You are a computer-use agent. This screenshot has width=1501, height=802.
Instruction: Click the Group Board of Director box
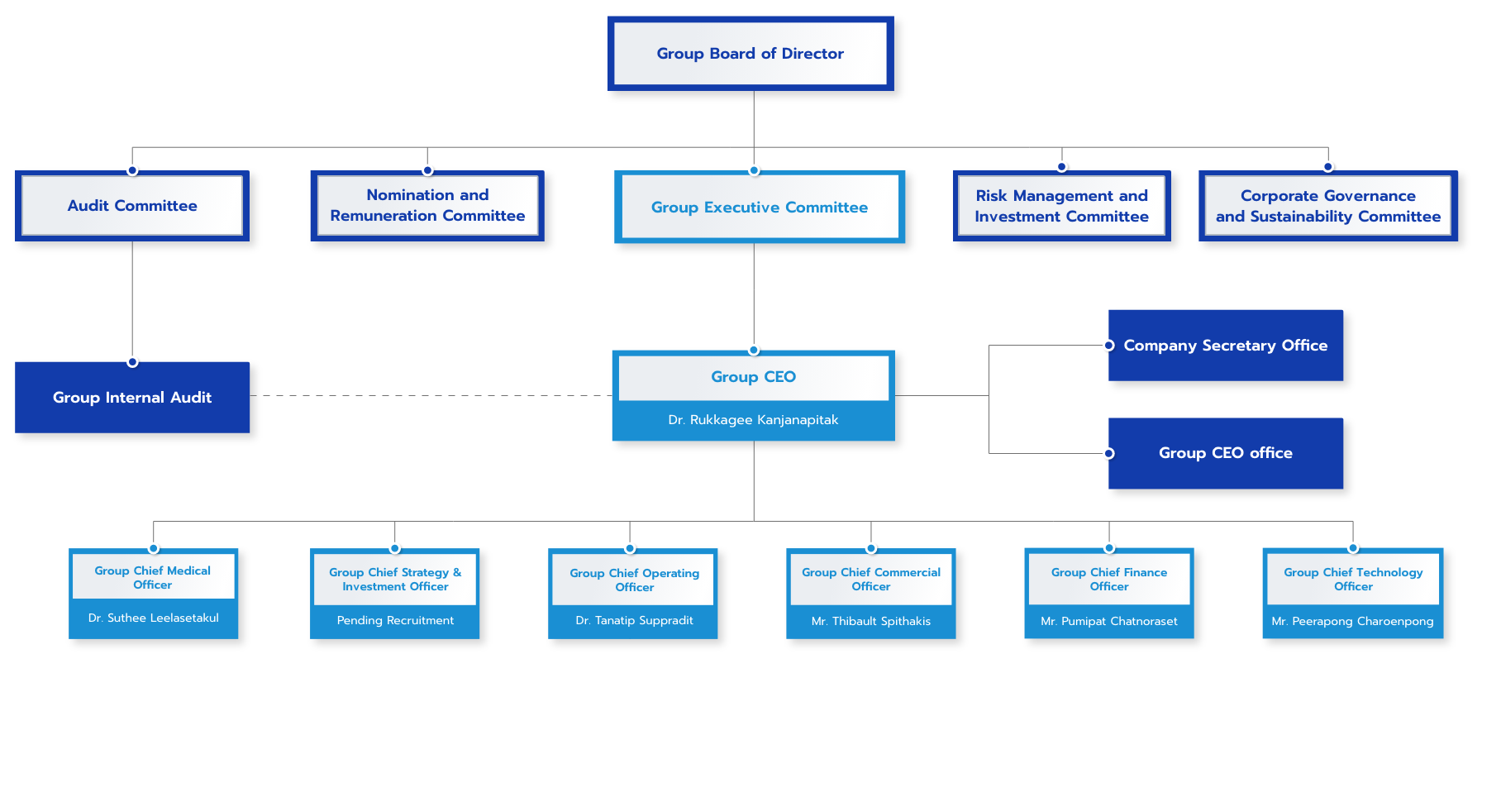750,54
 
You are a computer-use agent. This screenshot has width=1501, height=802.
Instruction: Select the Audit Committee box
132,206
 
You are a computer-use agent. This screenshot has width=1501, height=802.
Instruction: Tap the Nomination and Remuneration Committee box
427,206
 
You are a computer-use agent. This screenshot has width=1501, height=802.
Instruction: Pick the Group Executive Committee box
760,207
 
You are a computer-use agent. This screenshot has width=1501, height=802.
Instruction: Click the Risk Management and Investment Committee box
1062,206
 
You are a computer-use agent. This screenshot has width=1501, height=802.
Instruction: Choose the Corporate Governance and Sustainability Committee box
1328,206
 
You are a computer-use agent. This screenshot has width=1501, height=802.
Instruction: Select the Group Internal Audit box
132,398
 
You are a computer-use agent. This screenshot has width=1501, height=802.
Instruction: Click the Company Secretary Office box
1226,346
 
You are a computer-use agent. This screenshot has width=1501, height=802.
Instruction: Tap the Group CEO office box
1226,453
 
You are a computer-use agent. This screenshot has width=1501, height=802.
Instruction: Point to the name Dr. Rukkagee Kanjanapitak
753,420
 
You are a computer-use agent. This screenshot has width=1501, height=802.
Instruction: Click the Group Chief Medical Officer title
153,577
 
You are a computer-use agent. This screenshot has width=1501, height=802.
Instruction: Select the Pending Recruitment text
395,620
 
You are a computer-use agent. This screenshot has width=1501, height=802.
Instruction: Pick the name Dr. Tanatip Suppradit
634,620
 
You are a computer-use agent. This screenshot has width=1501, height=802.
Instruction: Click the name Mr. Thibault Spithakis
871,621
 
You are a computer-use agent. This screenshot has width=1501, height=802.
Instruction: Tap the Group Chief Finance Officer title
1109,579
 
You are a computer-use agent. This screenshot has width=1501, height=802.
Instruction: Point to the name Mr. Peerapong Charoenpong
1353,621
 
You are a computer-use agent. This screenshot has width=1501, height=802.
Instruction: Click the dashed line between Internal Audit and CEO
431,396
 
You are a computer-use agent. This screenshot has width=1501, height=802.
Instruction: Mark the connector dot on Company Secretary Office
1109,346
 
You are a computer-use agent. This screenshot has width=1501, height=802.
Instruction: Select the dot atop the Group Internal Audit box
132,362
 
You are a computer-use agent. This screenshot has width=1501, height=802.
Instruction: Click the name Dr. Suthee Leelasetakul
154,618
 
